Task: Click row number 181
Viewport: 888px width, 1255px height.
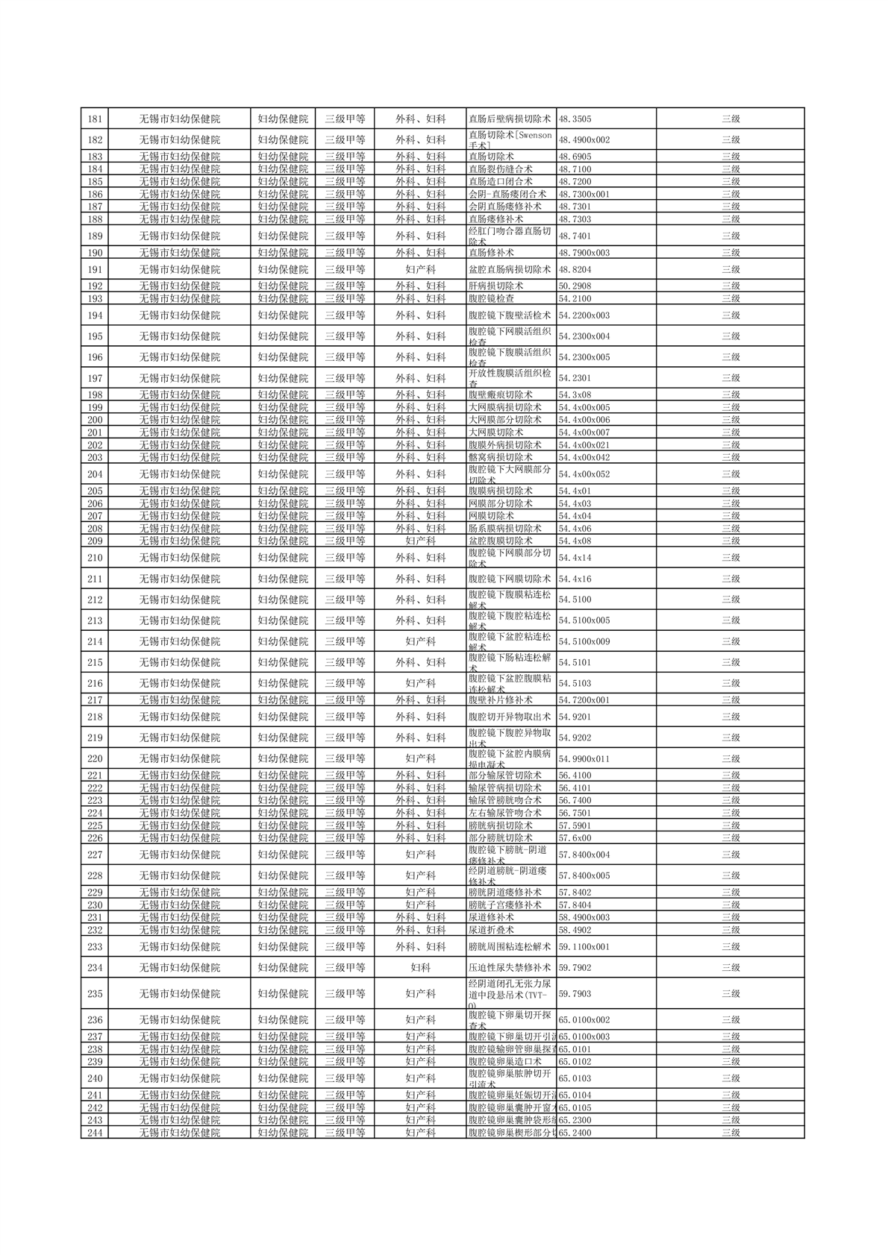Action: [x=95, y=119]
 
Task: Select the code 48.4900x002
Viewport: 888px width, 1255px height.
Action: [x=584, y=140]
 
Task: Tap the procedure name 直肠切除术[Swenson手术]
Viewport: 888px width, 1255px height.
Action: [x=510, y=140]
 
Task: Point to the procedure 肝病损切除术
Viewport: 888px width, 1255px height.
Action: [x=495, y=286]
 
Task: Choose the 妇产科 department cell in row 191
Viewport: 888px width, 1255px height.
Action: [x=420, y=270]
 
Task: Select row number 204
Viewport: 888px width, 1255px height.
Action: [x=95, y=474]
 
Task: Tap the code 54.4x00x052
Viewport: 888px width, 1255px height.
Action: [x=584, y=474]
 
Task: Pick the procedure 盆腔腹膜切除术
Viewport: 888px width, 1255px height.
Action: [x=500, y=541]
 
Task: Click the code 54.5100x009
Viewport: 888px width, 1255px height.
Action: [x=584, y=641]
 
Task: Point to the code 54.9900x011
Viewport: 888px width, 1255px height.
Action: [x=584, y=759]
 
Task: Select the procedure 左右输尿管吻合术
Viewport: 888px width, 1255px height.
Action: [x=504, y=814]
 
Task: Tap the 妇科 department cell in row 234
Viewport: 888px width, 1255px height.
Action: [x=420, y=968]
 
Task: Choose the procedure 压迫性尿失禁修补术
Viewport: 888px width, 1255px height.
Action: [x=509, y=968]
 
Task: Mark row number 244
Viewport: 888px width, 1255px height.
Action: [x=95, y=1133]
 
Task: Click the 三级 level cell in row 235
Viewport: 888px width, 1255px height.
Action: [x=731, y=994]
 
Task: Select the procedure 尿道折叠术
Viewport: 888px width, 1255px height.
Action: [x=491, y=931]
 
